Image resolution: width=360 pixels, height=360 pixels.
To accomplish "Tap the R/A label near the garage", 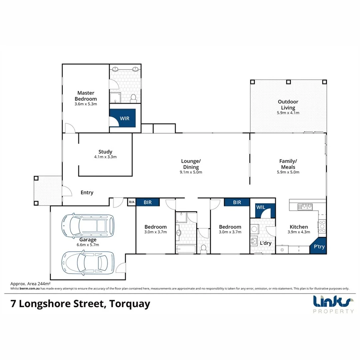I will (131, 202).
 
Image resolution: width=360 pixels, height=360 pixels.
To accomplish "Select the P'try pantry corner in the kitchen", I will (319, 247).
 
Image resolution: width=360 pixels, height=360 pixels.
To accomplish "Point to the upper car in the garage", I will (87, 226).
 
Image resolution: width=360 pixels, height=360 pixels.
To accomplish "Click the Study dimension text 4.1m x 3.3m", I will (105, 157).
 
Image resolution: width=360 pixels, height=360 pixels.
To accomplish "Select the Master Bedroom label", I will (86, 96).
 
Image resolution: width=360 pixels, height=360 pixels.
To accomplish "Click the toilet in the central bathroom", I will (203, 249).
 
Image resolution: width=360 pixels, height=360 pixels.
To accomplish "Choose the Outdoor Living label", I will (288, 105).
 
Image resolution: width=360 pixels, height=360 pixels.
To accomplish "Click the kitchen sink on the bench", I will (305, 206).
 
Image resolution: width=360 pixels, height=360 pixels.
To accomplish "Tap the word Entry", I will (87, 192).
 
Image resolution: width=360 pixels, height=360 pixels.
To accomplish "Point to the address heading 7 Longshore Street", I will (80, 304).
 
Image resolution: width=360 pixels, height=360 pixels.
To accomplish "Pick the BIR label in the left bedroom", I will (147, 202).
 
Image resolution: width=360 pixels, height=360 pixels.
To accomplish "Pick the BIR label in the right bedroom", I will (237, 202).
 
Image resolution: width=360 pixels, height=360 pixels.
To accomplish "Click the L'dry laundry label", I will (266, 243).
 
